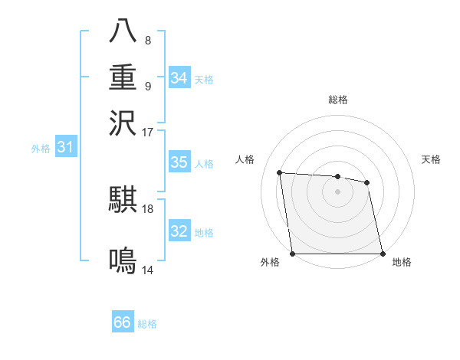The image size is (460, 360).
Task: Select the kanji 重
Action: (123, 77)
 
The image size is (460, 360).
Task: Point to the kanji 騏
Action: (123, 200)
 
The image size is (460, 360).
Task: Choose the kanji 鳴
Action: (123, 262)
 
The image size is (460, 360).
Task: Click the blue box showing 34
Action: (179, 77)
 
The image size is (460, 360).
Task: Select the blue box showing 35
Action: (179, 162)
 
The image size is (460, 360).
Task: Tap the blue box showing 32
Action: (179, 231)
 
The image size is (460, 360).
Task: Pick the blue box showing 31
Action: (64, 148)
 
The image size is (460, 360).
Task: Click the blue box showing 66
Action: (123, 322)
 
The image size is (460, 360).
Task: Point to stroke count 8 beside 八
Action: (148, 41)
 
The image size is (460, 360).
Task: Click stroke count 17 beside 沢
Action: (147, 132)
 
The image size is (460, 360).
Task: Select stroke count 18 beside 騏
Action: (147, 208)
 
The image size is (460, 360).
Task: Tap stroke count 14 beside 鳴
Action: (147, 270)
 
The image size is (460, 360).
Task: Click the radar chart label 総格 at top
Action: (337, 100)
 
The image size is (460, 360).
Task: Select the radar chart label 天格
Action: (431, 159)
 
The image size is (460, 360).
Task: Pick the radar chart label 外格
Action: (270, 263)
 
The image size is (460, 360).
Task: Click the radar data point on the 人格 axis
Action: (281, 173)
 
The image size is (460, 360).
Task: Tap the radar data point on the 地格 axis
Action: (382, 254)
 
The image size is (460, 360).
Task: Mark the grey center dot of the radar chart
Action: (337, 191)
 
